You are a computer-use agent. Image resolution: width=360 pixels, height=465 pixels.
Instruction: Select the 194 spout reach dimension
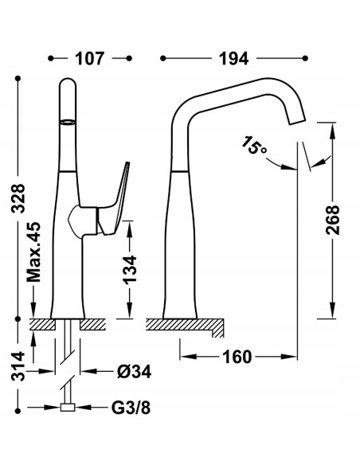[x=231, y=59]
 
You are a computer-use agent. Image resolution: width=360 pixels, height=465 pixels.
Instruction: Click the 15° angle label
[x=254, y=145]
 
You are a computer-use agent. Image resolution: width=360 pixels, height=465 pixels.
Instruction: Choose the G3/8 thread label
[x=131, y=409]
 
